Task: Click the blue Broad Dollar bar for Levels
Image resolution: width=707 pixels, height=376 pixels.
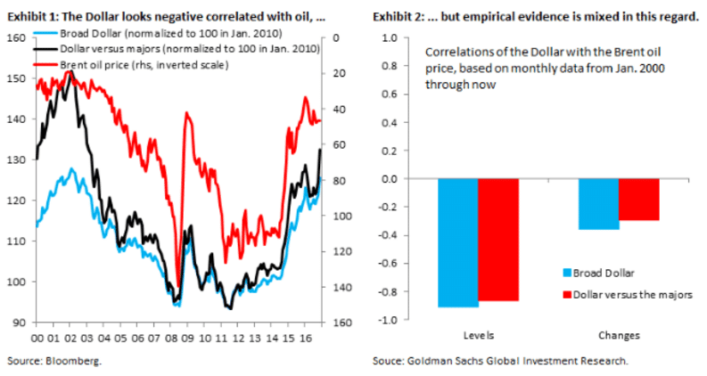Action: click(457, 242)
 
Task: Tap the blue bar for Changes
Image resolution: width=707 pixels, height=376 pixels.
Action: click(598, 204)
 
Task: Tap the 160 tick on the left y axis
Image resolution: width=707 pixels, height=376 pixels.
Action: click(16, 37)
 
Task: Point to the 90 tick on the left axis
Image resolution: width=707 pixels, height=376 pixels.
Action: click(19, 322)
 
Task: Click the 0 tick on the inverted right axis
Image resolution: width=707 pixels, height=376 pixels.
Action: click(331, 37)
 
